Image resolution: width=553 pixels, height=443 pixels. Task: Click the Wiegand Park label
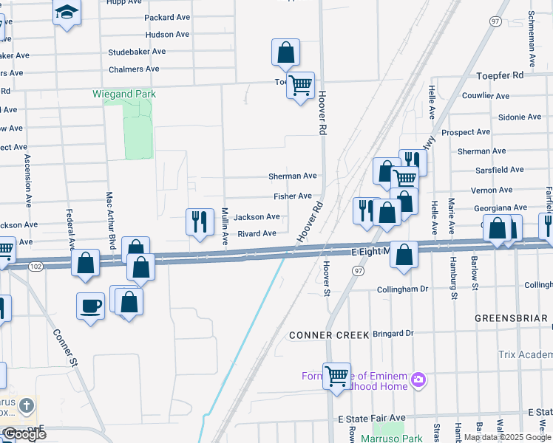124,95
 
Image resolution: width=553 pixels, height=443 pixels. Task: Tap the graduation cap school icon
67,12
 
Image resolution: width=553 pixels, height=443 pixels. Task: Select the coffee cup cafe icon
90,306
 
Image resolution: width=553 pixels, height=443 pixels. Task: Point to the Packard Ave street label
169,17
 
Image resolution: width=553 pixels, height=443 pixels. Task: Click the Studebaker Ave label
137,52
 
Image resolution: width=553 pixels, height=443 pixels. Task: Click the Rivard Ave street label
257,233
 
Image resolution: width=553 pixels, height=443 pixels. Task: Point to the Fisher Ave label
293,196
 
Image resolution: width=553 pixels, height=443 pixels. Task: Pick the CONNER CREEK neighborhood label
329,334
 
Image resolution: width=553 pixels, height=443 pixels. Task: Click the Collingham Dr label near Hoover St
403,289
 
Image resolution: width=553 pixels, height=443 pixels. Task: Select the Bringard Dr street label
393,334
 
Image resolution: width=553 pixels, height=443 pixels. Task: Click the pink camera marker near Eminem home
418,380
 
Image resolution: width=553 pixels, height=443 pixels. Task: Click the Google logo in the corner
24,434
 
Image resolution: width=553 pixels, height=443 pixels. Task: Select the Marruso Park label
392,439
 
